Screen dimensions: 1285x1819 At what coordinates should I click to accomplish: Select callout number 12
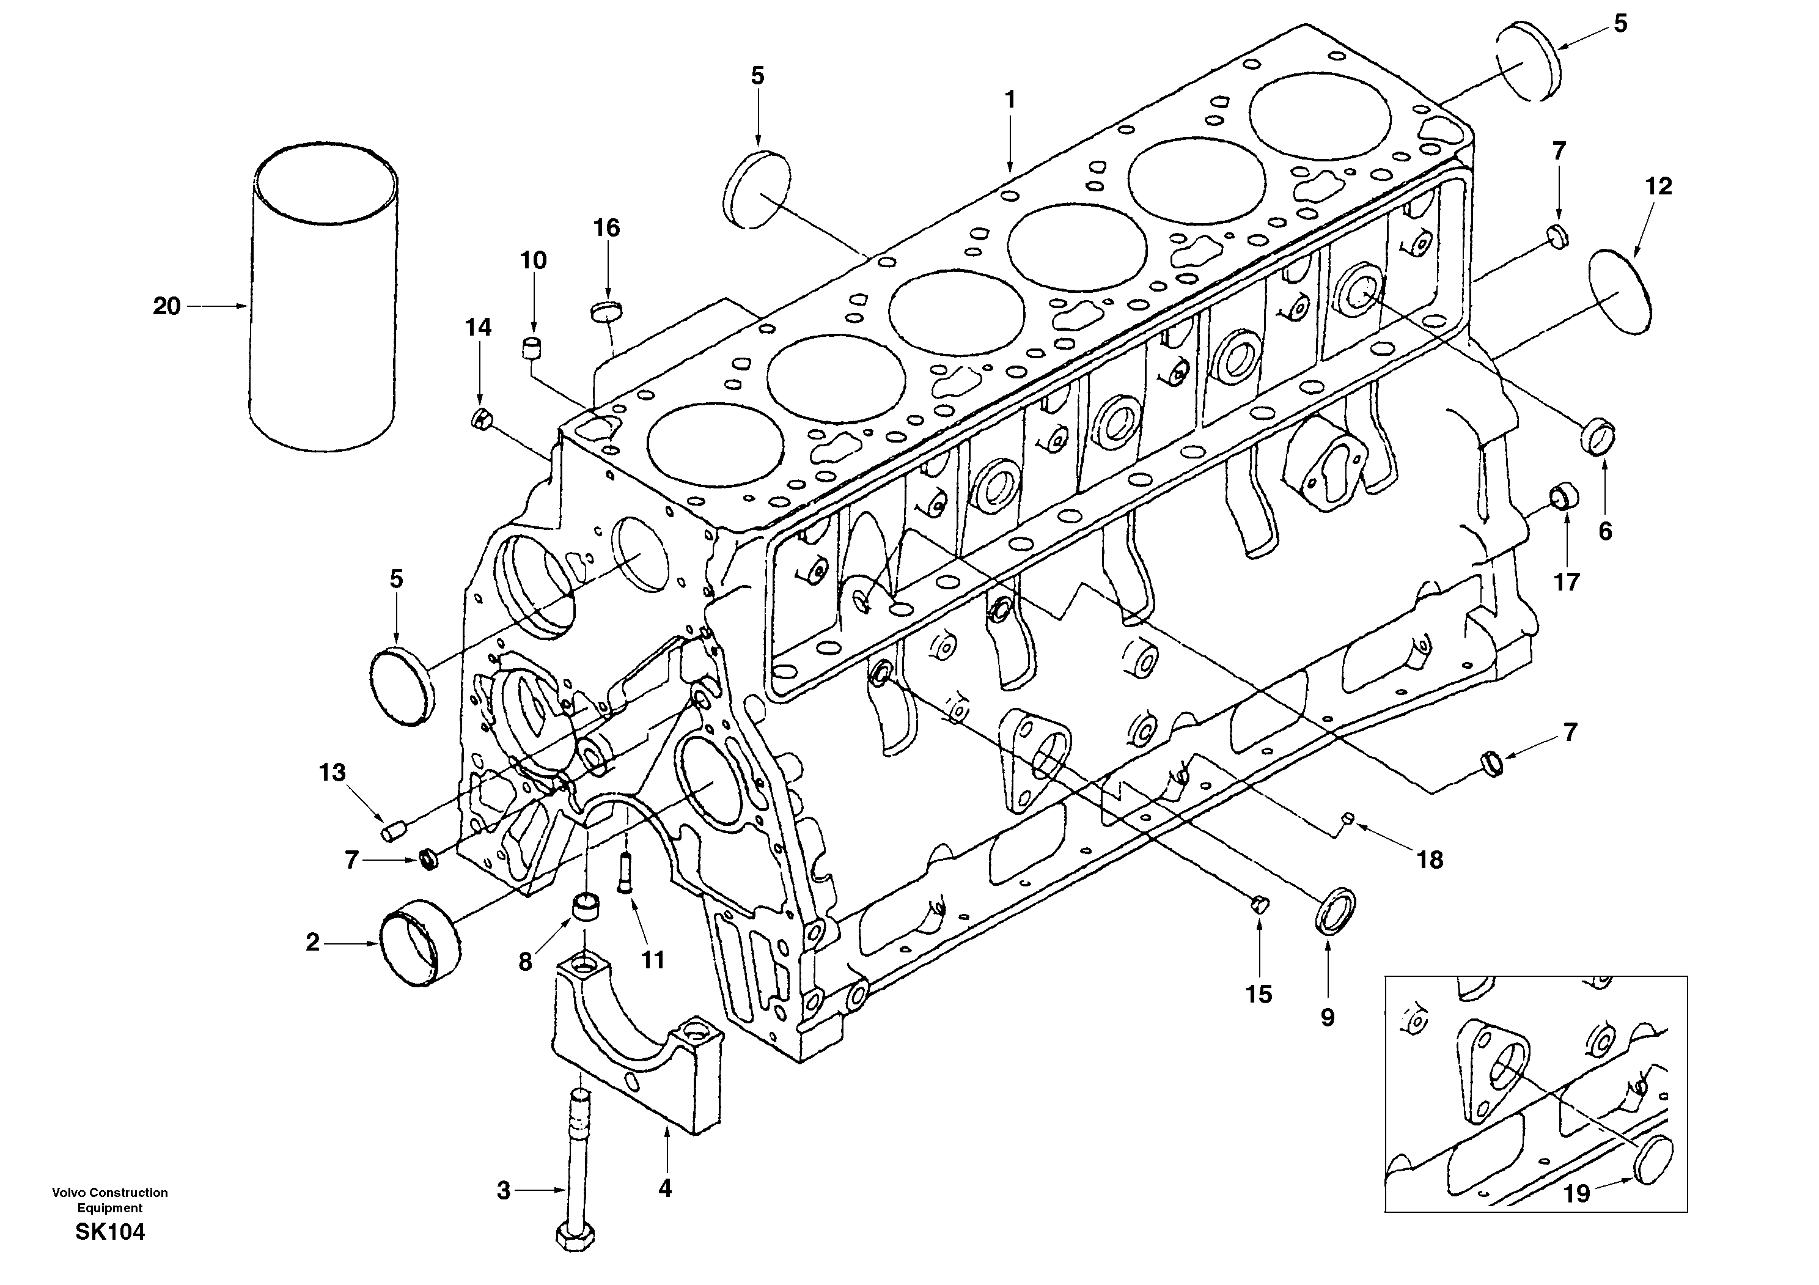click(1658, 186)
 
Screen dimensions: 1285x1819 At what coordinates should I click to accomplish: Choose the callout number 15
click(1259, 994)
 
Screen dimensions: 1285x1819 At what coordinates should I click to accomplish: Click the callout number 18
click(1430, 860)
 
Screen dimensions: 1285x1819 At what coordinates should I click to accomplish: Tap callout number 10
click(533, 260)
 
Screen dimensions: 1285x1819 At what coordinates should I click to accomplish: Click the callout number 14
click(478, 327)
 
